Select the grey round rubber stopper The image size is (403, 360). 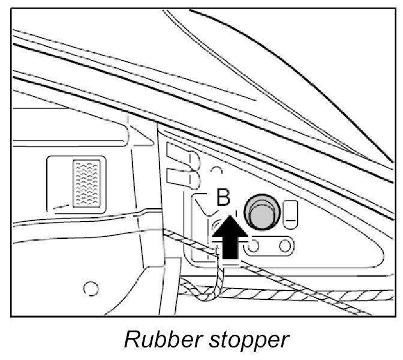coord(261,212)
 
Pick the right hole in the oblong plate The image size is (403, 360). coord(284,245)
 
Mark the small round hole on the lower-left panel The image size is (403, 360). coord(91,289)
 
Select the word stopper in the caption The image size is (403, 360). coord(243,341)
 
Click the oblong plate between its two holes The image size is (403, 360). coord(269,245)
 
